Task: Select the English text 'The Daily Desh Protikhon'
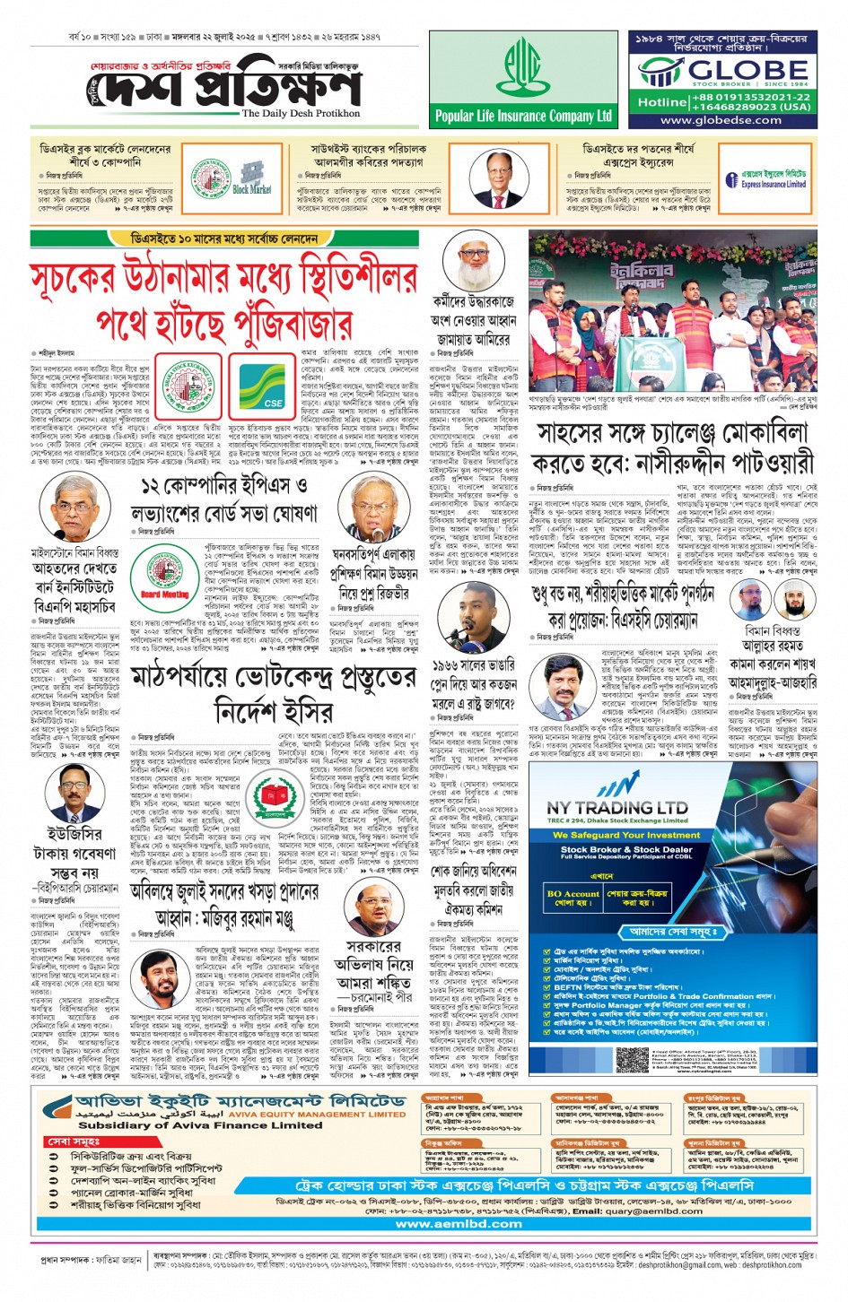click(301, 114)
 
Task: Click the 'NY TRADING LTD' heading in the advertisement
click(617, 807)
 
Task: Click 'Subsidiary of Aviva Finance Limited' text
click(199, 1124)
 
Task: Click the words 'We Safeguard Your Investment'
click(626, 835)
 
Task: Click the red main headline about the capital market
click(224, 300)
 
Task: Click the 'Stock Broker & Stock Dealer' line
click(626, 849)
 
